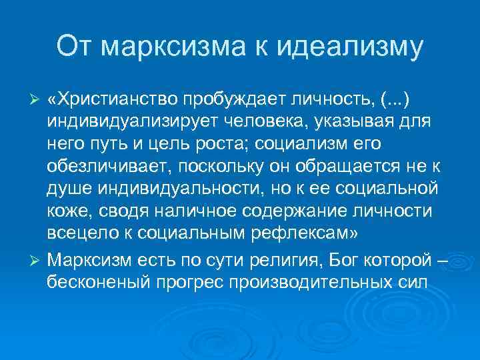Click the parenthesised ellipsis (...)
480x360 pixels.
pyautogui.click(x=393, y=99)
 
